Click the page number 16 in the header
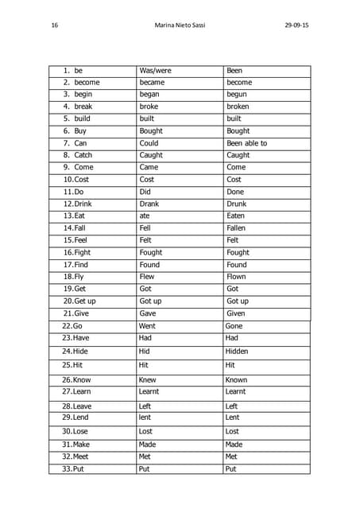click(x=54, y=25)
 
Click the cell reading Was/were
click(x=155, y=71)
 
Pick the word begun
click(x=237, y=95)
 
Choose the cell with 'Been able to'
click(x=246, y=143)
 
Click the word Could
click(x=149, y=143)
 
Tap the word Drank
click(x=149, y=204)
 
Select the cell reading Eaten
click(x=237, y=216)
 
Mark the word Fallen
click(x=238, y=228)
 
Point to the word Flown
click(x=237, y=277)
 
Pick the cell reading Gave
click(x=149, y=313)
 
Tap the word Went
click(x=148, y=326)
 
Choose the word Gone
click(x=234, y=326)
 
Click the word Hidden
click(x=237, y=351)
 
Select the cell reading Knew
click(x=148, y=380)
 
